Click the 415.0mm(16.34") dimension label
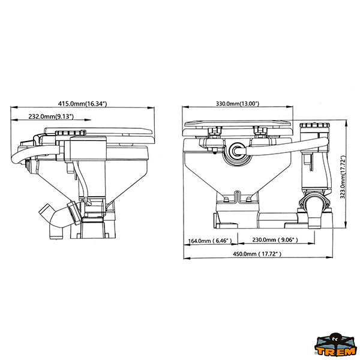[82, 104]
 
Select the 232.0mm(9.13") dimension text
[51, 116]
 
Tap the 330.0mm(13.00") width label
[238, 104]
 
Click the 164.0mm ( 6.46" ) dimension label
[210, 241]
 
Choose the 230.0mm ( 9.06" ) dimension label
[275, 240]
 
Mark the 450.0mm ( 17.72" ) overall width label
[257, 254]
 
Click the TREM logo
[335, 346]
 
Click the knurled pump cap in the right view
[315, 125]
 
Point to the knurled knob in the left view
[70, 133]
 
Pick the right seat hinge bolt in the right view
[260, 133]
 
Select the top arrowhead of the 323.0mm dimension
[346, 122]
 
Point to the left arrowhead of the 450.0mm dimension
[187, 258]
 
